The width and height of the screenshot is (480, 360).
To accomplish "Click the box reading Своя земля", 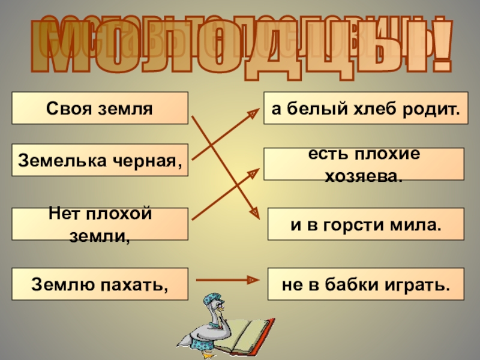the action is point(100,109).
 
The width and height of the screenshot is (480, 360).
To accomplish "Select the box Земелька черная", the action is point(100,160).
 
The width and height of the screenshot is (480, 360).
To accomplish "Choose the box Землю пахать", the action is point(100,284).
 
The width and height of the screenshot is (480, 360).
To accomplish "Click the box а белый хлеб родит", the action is point(365,109).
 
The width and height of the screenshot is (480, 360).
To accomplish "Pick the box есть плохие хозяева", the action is point(364,164).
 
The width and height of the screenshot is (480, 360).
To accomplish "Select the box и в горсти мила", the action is point(365,224).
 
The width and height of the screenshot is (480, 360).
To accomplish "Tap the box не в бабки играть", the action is point(365,284).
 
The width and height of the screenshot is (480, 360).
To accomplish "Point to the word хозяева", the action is point(365,175).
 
